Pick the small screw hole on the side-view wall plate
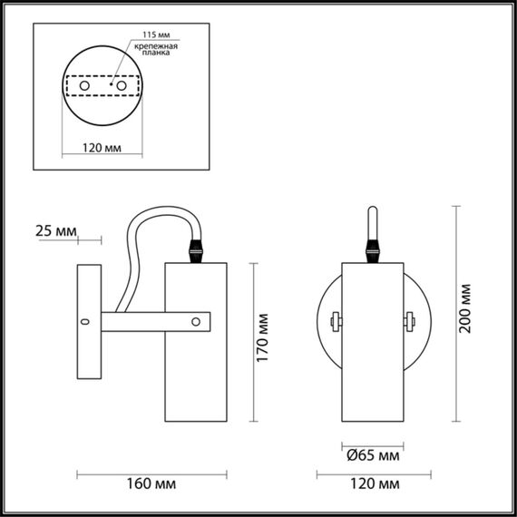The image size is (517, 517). click(86, 321)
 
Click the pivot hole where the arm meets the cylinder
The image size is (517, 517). click(196, 320)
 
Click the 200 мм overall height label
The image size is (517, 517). click(466, 309)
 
